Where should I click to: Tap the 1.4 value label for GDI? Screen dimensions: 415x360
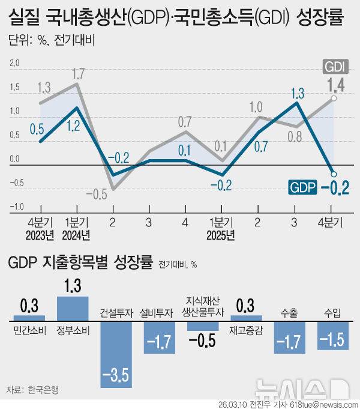coord(335,84)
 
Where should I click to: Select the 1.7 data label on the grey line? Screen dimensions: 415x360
coord(77,74)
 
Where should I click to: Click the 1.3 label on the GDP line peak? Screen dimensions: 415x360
coord(296,93)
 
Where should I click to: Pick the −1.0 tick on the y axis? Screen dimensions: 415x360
coord(13,207)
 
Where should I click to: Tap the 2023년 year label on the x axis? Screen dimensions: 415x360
coord(41,234)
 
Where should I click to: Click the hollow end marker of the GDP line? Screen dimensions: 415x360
coord(334,175)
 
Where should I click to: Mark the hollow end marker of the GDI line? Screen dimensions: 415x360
coord(334,98)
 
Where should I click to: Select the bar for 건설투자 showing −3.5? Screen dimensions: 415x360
coord(116,354)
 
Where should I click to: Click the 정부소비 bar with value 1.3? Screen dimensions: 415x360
coord(73,309)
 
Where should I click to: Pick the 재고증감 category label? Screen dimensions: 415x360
coord(247,329)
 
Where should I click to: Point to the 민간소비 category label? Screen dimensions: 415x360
coord(29,329)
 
